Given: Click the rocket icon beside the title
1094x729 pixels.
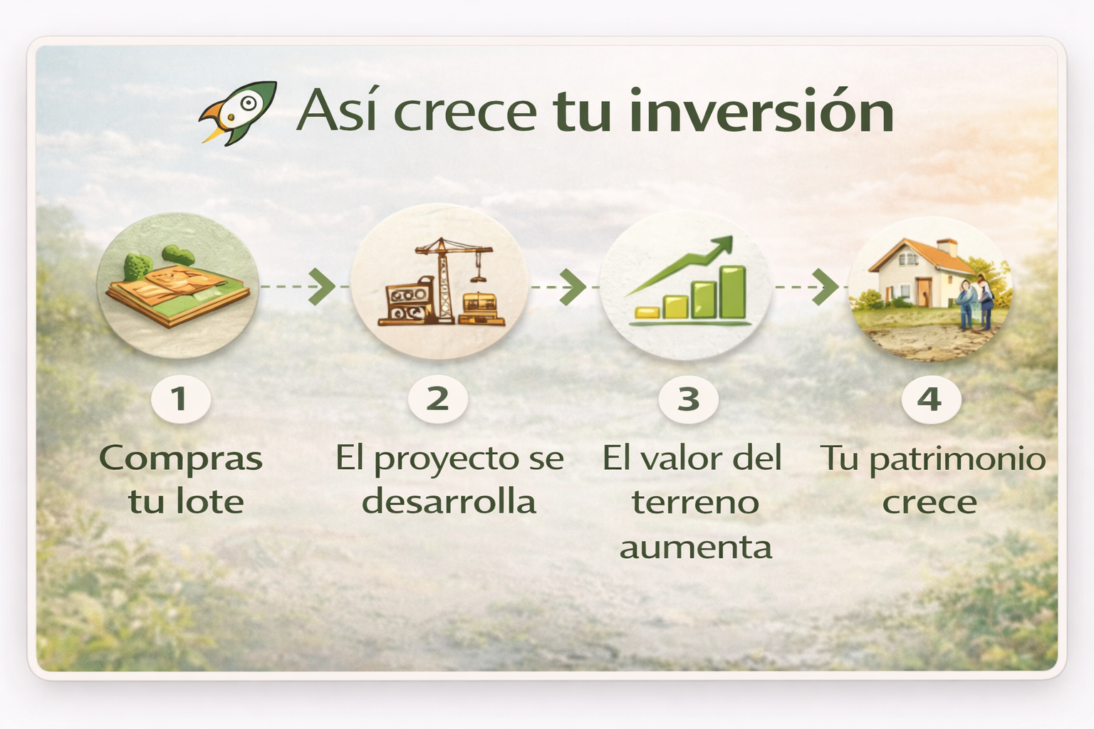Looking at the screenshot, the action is (x=238, y=112).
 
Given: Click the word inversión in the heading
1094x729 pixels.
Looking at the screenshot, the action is (x=762, y=110).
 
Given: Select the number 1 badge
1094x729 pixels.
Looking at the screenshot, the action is (x=181, y=399).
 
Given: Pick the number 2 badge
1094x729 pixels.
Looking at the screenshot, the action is (x=437, y=399).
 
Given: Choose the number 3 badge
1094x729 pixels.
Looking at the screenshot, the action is (x=688, y=399).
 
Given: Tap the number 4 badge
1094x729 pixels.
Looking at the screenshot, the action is (x=931, y=399).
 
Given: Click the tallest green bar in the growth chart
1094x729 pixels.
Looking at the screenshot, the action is (x=733, y=292).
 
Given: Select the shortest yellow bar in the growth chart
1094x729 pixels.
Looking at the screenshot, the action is (x=647, y=313).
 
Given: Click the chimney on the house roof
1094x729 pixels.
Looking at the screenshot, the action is (x=947, y=247).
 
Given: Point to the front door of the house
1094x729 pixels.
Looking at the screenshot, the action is (x=924, y=291).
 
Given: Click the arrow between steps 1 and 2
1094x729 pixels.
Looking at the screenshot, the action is (x=298, y=287).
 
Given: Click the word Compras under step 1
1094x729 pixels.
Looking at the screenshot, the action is (x=181, y=459).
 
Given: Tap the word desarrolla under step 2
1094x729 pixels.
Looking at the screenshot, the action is (x=449, y=501).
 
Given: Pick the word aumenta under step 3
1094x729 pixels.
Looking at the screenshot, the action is (x=695, y=548).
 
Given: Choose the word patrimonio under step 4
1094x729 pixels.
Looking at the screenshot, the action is (x=957, y=459).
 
